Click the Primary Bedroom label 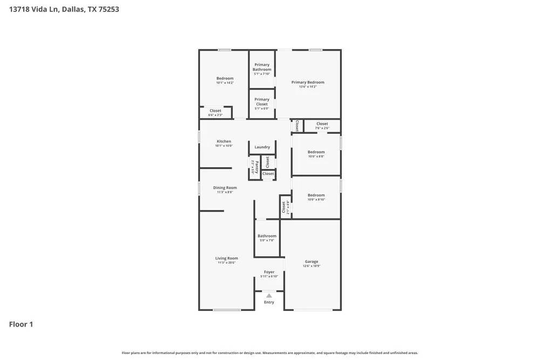[308, 83]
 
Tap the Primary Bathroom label [262, 67]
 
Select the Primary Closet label [262, 101]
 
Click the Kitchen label [224, 141]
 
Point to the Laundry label [262, 147]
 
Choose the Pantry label [256, 166]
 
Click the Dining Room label [225, 188]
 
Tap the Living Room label [226, 258]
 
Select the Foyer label [269, 272]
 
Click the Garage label [312, 261]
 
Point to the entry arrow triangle [269, 296]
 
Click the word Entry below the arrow [269, 302]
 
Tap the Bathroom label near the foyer [267, 236]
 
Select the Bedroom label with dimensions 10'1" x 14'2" [225, 78]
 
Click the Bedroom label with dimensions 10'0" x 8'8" [316, 152]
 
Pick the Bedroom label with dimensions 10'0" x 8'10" [316, 195]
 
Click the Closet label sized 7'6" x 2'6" [322, 124]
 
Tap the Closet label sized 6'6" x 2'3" [215, 111]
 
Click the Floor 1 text [21, 324]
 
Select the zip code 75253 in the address [108, 9]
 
